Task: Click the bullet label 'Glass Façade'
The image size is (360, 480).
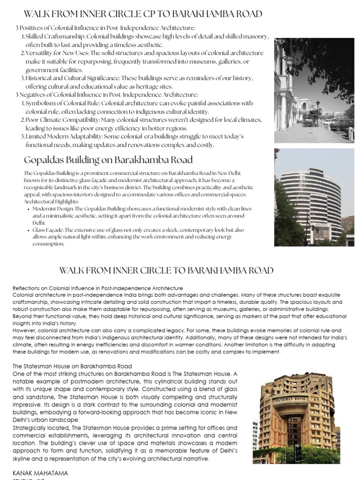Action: point(46,230)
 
